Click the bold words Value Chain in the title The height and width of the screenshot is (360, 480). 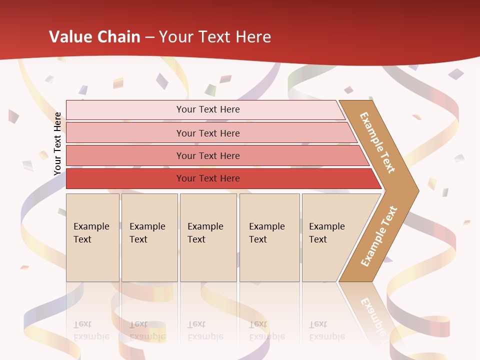(x=94, y=37)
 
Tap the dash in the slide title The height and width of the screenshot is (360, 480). (x=149, y=37)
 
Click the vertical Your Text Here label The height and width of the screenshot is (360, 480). (x=57, y=143)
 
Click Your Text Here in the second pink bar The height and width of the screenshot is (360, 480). (x=208, y=133)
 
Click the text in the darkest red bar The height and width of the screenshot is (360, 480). (x=208, y=178)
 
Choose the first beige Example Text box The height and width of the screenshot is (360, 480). (x=92, y=237)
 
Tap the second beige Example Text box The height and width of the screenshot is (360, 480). (x=149, y=237)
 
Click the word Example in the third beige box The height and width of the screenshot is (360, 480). (x=205, y=226)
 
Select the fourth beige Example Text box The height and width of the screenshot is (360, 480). (x=269, y=237)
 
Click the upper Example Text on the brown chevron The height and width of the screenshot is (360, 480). (x=377, y=142)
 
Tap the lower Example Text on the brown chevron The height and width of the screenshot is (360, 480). (x=379, y=236)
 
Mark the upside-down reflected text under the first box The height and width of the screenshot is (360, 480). (x=91, y=330)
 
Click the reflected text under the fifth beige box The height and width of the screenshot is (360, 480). (x=326, y=330)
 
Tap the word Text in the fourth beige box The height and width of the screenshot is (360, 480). (x=258, y=239)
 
